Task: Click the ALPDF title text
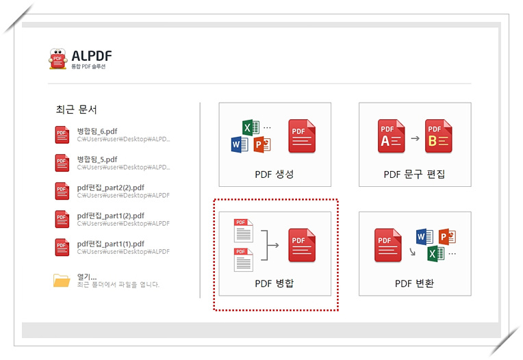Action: [92, 55]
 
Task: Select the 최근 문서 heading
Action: [76, 109]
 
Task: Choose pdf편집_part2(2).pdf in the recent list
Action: [110, 188]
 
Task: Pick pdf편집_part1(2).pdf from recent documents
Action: [110, 216]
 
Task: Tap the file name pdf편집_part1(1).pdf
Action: [110, 244]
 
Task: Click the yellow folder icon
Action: [62, 280]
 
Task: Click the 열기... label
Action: [87, 277]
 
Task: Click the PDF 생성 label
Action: [275, 174]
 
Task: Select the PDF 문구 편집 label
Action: [414, 174]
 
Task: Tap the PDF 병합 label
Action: [275, 283]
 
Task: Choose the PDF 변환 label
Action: [414, 283]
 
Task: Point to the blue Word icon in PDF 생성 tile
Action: [239, 144]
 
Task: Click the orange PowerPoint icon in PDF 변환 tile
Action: [447, 237]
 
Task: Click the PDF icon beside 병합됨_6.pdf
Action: [62, 135]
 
